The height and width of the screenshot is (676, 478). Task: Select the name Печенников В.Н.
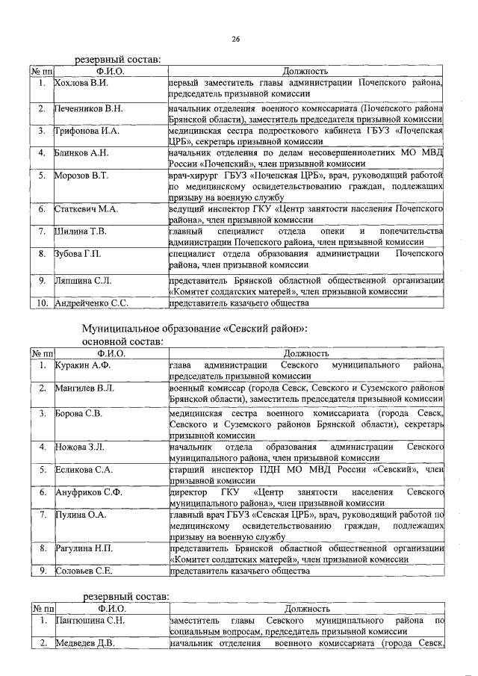coord(85,108)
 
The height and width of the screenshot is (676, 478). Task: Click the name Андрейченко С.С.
coord(92,303)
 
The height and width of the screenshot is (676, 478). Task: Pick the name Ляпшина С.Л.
coord(83,280)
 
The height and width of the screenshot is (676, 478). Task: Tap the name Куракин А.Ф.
coord(82,365)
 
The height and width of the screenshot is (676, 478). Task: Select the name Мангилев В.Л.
coord(84,388)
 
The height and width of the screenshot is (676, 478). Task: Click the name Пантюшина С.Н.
coord(89,621)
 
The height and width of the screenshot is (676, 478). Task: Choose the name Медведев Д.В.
coord(86,644)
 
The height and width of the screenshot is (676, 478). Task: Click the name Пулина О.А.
coord(81,515)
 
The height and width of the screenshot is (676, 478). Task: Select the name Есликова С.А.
coord(84,469)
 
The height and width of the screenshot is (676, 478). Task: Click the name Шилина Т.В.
coord(81,232)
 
